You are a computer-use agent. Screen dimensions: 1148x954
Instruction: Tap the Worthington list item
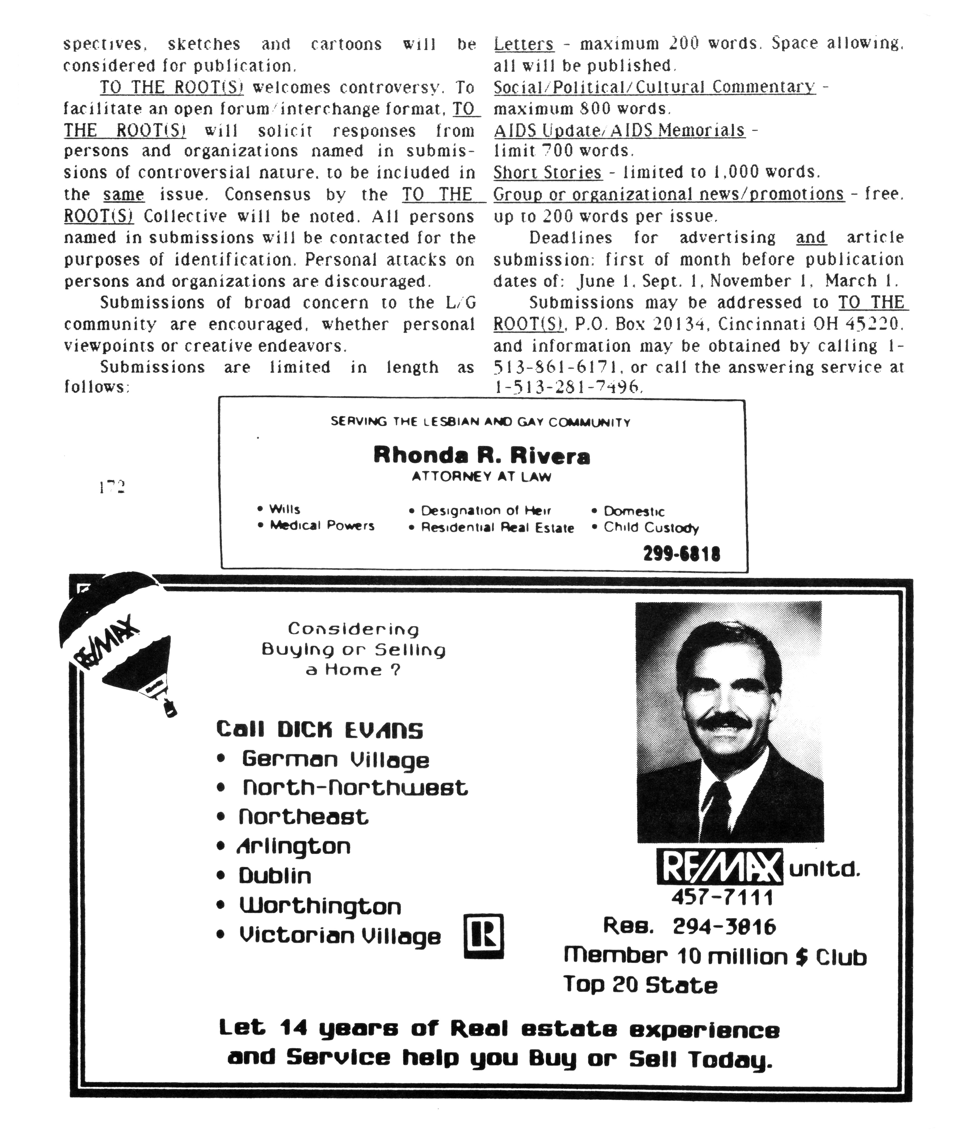click(x=320, y=906)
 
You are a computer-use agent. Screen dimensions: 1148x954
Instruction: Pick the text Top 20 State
click(x=640, y=985)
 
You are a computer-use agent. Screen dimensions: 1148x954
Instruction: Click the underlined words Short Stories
click(x=547, y=173)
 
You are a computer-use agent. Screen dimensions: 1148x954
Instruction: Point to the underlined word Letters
click(x=523, y=44)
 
